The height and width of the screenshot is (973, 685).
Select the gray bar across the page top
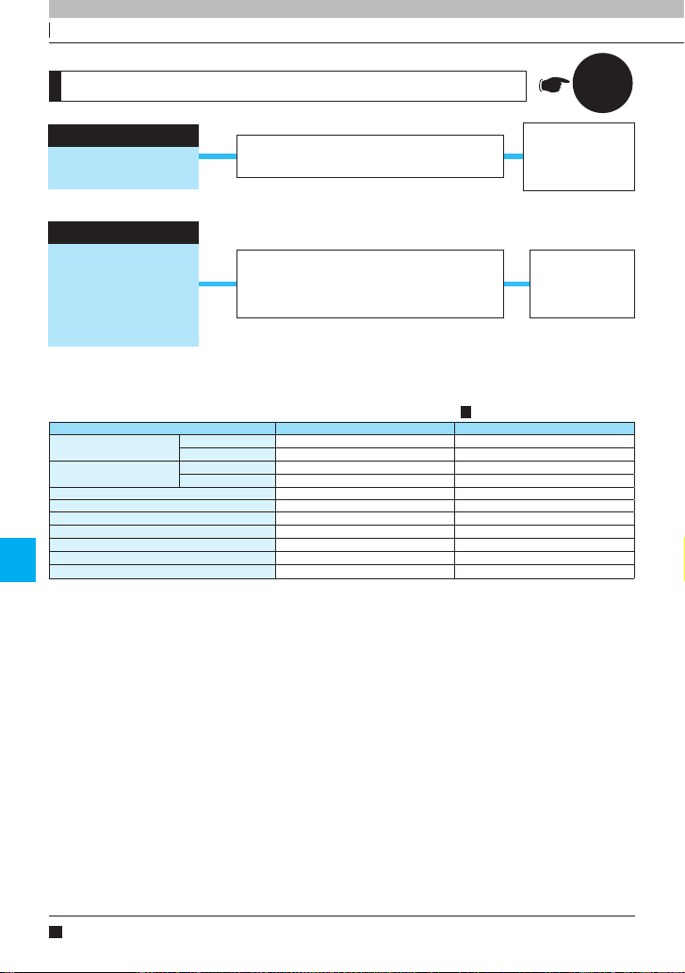[x=366, y=8]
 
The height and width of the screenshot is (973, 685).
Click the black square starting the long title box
[x=56, y=85]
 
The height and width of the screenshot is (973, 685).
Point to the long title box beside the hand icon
[x=292, y=85]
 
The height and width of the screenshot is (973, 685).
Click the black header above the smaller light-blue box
[x=123, y=135]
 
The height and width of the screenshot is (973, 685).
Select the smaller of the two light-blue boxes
[x=123, y=168]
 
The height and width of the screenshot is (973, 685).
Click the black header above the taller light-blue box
[x=123, y=233]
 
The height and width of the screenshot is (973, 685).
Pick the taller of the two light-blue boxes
[x=123, y=296]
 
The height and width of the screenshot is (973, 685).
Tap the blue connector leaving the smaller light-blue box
[x=218, y=155]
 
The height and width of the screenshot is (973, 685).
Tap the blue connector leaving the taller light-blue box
[x=218, y=284]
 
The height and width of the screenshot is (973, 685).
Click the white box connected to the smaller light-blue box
[x=370, y=155]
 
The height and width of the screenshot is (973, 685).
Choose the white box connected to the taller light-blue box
[x=370, y=284]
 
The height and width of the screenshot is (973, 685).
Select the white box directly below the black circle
[x=579, y=156]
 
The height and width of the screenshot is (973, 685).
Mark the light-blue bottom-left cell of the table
[x=162, y=571]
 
